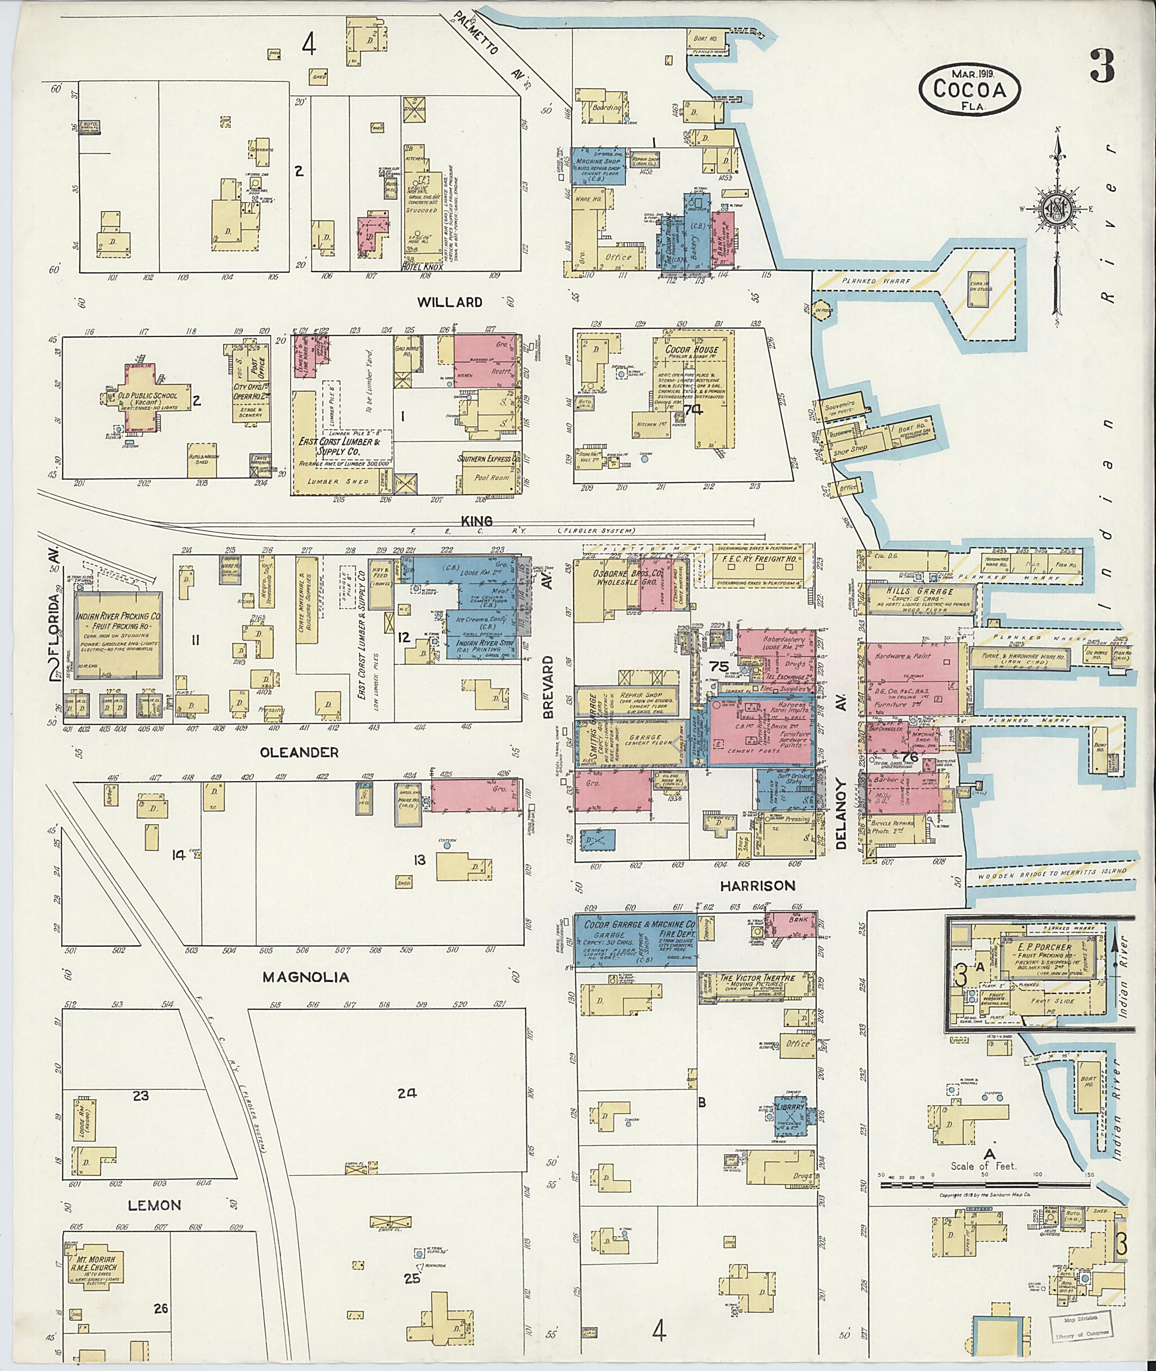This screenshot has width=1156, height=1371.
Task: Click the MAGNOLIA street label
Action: (305, 977)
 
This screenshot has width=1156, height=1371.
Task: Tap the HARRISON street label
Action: (757, 886)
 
